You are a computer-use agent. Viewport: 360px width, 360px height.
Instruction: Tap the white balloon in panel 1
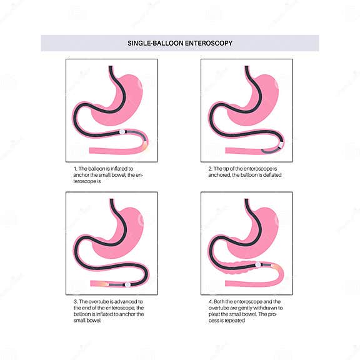[x=123, y=132]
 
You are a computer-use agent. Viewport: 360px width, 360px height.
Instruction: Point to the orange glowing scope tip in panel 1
[x=146, y=147]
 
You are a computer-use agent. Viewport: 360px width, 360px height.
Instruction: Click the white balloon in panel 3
[x=127, y=284]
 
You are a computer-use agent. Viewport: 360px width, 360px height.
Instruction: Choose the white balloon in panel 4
[x=257, y=265]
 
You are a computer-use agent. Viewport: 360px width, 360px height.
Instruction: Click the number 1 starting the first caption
[x=74, y=169]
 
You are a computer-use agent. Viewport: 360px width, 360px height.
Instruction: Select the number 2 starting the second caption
[x=209, y=169]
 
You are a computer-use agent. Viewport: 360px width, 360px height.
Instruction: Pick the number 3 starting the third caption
[x=74, y=301]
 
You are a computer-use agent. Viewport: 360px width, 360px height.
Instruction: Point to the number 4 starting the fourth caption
[x=209, y=301]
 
